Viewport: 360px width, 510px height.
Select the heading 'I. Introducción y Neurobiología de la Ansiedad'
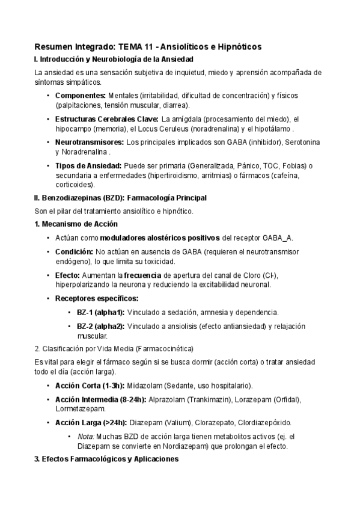[114, 59]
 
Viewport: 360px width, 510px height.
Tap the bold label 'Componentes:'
[81, 96]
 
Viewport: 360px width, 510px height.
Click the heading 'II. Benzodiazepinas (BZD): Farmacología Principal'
[121, 197]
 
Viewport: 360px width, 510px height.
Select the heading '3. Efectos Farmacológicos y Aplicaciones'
[106, 459]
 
